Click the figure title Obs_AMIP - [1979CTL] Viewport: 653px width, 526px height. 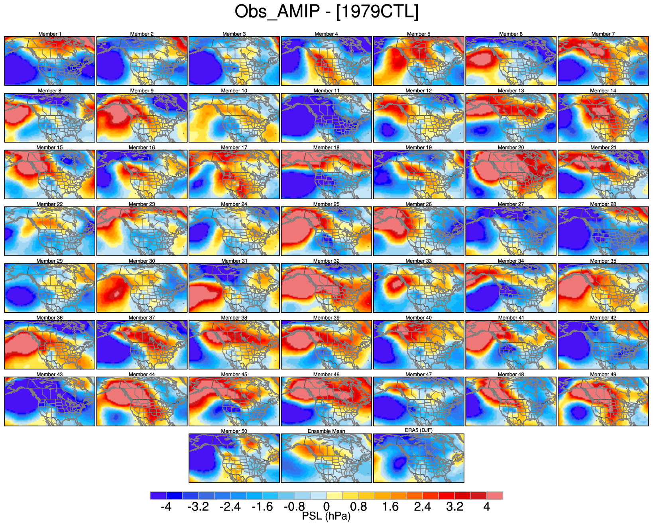click(x=326, y=12)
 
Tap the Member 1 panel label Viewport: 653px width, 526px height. click(x=50, y=34)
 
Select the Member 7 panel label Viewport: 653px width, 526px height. click(x=603, y=34)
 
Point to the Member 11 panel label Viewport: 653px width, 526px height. click(x=326, y=91)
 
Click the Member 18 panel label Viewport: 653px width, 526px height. click(x=326, y=147)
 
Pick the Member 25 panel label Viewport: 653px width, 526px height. click(x=326, y=204)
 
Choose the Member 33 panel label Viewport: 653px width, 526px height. click(x=419, y=261)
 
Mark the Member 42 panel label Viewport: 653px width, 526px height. click(x=603, y=318)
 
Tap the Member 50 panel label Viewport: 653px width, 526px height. click(x=234, y=431)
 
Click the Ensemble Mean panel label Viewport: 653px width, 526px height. click(x=326, y=431)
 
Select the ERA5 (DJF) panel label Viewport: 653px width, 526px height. click(x=419, y=430)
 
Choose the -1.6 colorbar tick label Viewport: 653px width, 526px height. click(x=262, y=507)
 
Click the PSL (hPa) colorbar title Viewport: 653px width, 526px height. click(x=326, y=516)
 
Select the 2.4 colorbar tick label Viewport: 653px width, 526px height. click(x=423, y=507)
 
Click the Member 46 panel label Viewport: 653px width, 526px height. click(x=326, y=375)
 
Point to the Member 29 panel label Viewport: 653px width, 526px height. click(x=50, y=261)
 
